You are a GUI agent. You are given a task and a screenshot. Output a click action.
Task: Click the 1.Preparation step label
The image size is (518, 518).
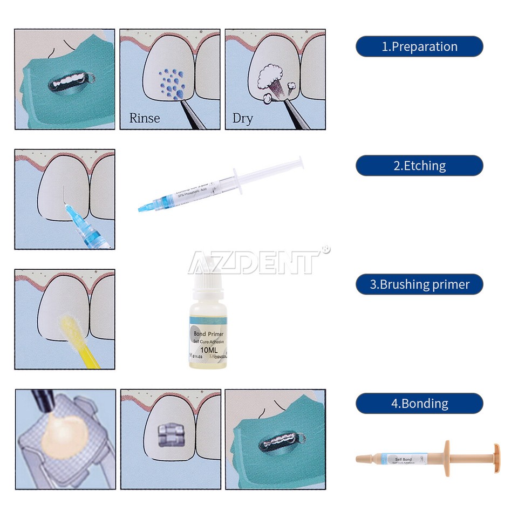(x=419, y=46)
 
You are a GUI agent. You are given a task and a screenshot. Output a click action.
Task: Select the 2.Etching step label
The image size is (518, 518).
(x=419, y=166)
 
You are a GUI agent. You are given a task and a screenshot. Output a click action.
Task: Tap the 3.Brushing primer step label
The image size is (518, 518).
(x=419, y=284)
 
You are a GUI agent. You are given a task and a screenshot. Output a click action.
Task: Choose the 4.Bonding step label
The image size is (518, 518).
(x=419, y=403)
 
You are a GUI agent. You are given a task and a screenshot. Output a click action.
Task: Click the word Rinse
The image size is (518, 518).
(x=145, y=118)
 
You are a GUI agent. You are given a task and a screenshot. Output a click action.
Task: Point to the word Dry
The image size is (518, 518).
(x=242, y=118)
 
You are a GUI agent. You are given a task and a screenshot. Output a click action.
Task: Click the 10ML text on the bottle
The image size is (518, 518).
(x=208, y=350)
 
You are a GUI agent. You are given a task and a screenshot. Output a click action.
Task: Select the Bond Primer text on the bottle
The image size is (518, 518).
(x=208, y=334)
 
